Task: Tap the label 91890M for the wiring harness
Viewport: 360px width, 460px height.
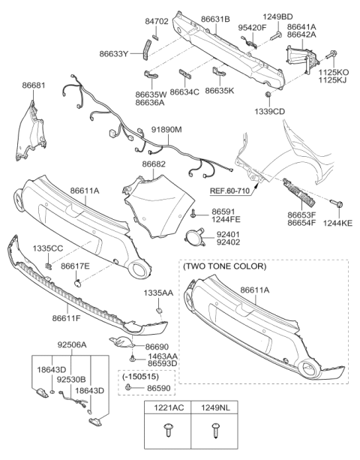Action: (166, 130)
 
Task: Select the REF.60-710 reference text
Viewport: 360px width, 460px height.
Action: (231, 191)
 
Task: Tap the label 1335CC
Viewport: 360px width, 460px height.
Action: (46, 248)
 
